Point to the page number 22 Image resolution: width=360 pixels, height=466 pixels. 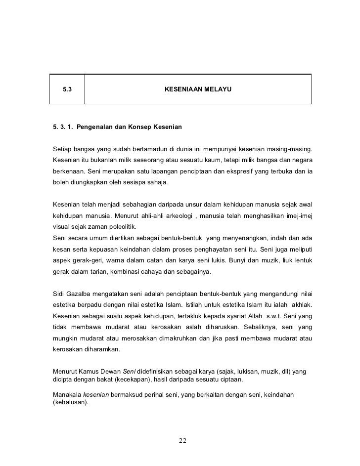pos(182,441)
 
